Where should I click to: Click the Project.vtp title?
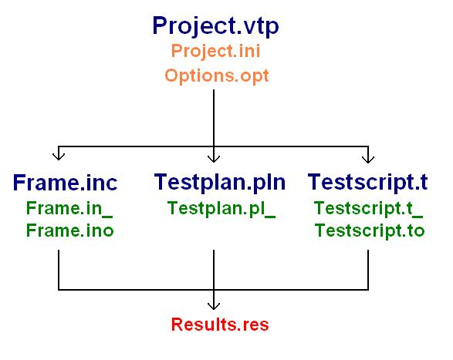pos(215,26)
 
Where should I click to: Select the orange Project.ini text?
pos(215,52)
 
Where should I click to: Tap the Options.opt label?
pos(217,76)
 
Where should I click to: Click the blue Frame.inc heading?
pos(65,183)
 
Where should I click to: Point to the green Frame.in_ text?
pos(69,208)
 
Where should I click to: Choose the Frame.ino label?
pos(70,230)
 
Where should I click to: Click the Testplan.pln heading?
pos(220,183)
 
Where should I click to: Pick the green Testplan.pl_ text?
pos(221,209)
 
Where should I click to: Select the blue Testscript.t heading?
pos(367,182)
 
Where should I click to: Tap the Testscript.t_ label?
pos(368,209)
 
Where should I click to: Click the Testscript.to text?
pos(370,231)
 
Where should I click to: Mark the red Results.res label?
pos(220,325)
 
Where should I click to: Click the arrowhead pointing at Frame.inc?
pos(59,156)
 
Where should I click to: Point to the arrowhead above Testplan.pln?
pos(214,159)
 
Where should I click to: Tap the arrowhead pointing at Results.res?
pos(214,306)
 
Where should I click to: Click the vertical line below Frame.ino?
pos(59,270)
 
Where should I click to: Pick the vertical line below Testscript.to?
pos(368,270)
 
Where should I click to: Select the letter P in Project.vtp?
pos(160,25)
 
